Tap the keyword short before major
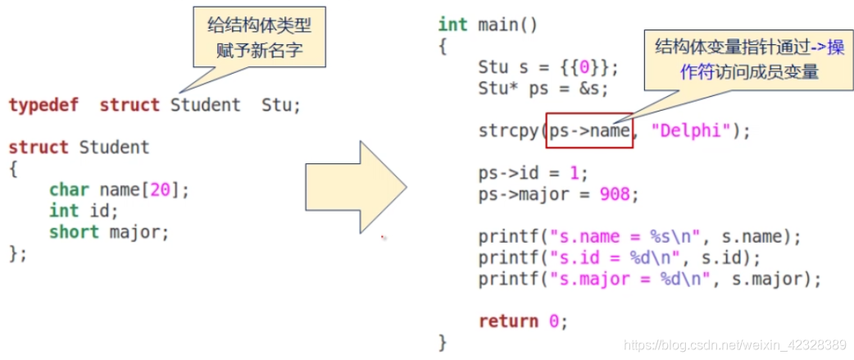(x=74, y=232)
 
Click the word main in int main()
(x=497, y=25)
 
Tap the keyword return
(x=508, y=321)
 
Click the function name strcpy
(x=509, y=131)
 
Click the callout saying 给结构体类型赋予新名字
(x=258, y=39)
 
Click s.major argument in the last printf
(x=778, y=280)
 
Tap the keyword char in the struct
(x=69, y=190)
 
